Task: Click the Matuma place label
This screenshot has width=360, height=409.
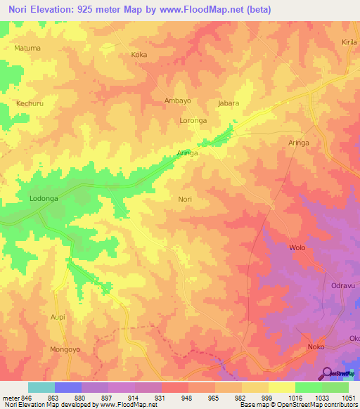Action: coord(27,48)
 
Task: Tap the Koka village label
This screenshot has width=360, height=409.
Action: coord(139,54)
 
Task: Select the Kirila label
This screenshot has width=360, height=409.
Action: coord(349,42)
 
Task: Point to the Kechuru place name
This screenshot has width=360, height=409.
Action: coord(30,103)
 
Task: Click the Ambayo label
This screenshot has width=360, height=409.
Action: coord(177,100)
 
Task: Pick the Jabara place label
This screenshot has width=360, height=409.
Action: coord(229,103)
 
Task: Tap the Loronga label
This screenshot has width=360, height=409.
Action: coord(193,121)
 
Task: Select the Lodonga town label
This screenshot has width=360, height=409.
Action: coord(44,199)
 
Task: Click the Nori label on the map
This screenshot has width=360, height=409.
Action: coord(185,200)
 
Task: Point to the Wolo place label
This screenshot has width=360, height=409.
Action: coord(297,248)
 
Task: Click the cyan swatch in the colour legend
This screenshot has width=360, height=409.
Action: coord(41,387)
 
